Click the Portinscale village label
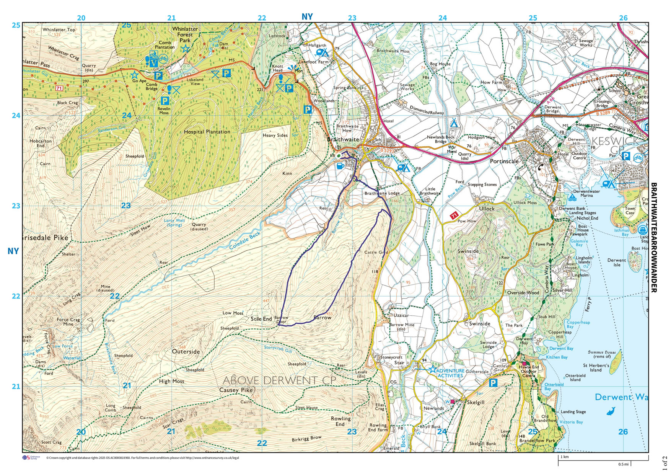click(504, 161)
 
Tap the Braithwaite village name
click(343, 140)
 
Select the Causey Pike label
click(236, 390)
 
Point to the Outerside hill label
click(186, 351)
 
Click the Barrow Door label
click(281, 320)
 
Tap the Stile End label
click(261, 318)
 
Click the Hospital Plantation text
click(207, 132)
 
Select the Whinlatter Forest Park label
click(185, 34)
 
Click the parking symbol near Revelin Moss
click(164, 101)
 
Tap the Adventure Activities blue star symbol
click(432, 370)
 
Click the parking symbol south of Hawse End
click(493, 383)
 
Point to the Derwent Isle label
click(617, 263)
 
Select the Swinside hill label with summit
click(468, 251)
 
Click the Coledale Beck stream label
click(245, 241)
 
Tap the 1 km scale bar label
click(564, 457)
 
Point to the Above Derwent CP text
click(279, 380)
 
